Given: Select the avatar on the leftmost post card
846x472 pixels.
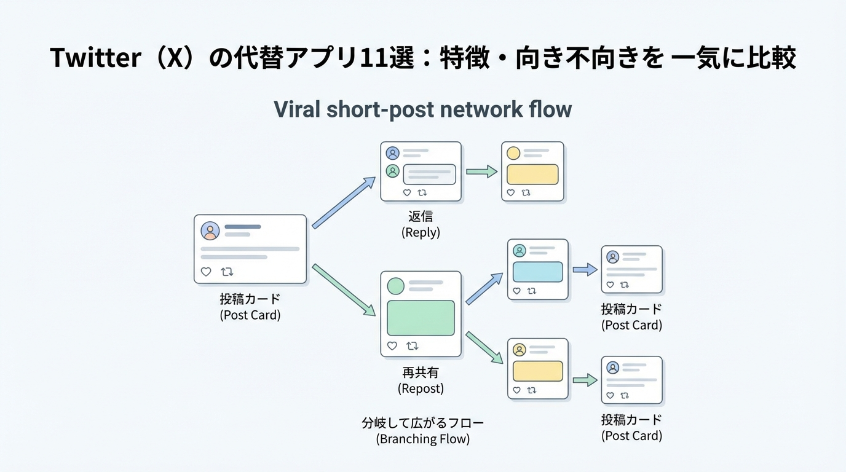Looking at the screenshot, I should tap(210, 230).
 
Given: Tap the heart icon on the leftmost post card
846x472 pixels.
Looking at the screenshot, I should tap(206, 272).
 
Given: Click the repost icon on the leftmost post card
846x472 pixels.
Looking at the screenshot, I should tap(227, 272).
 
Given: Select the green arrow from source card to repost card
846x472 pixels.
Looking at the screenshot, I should tap(344, 289).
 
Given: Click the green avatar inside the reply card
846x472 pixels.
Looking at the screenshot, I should tap(392, 171).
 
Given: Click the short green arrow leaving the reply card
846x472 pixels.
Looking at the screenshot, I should tap(481, 172).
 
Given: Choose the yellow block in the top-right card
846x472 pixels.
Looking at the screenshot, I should tap(532, 174).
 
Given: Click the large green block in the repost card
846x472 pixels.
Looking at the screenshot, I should tap(421, 318).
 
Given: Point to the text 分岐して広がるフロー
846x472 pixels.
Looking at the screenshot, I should tap(422, 423).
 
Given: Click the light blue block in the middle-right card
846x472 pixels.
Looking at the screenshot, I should tap(537, 272).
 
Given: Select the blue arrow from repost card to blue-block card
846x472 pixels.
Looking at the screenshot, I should tap(484, 289).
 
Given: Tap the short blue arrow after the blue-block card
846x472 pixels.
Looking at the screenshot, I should tap(585, 269).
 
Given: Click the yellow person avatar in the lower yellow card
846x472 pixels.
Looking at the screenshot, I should tap(520, 350).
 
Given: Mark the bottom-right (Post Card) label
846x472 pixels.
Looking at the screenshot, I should tap(631, 436).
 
